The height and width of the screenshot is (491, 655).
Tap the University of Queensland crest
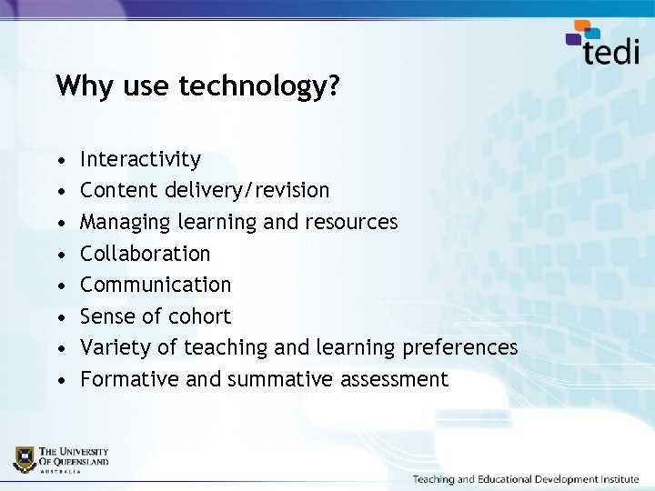tap(25, 459)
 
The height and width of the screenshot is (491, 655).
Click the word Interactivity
tap(140, 160)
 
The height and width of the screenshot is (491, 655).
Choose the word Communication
tap(156, 285)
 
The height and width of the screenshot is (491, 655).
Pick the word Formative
tap(129, 379)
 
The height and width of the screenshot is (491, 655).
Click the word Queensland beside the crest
tap(78, 462)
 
